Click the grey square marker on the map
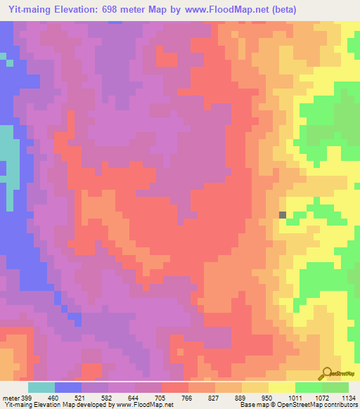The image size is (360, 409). (x=283, y=215)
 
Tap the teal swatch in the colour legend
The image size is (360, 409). (x=41, y=387)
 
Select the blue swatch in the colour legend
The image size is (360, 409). (x=68, y=387)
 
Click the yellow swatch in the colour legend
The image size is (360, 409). (x=282, y=387)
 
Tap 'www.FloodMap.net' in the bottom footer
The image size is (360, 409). (x=145, y=405)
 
